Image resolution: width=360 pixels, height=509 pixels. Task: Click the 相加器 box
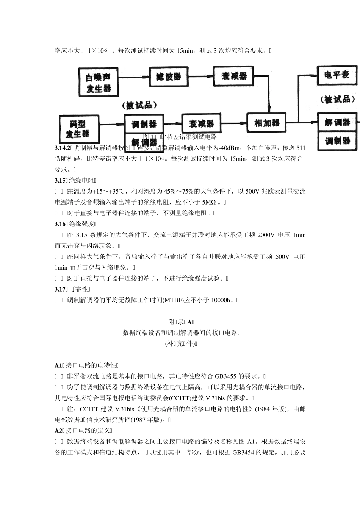[267, 123]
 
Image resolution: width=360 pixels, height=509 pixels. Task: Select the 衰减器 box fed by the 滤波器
[233, 76]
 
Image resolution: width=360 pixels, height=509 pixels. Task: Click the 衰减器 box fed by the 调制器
[201, 123]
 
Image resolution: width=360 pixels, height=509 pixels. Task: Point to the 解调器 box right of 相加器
[337, 122]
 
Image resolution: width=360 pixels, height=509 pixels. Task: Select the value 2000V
[266, 235]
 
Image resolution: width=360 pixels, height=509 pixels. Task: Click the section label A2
[58, 431]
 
